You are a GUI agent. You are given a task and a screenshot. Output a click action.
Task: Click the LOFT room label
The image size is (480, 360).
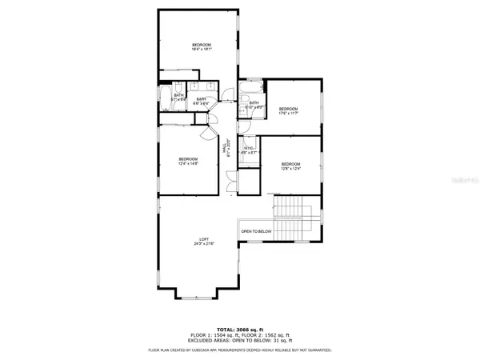[204, 239]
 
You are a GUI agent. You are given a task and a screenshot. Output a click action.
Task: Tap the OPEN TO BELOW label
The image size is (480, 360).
[256, 232]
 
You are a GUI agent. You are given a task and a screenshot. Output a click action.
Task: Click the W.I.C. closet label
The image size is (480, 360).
[249, 149]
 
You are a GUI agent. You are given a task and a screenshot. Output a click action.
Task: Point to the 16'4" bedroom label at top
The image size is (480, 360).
[201, 46]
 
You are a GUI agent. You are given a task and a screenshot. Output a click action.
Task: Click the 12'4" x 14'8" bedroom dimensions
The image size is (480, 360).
[189, 163]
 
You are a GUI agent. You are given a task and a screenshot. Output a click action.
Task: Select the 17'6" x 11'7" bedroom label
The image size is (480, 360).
[288, 113]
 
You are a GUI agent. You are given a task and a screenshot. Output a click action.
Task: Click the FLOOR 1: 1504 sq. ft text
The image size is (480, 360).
[210, 334]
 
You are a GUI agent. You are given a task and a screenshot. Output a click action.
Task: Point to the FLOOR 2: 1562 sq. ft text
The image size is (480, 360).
[270, 334]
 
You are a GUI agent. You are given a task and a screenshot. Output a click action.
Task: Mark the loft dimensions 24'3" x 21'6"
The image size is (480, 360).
[204, 244]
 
